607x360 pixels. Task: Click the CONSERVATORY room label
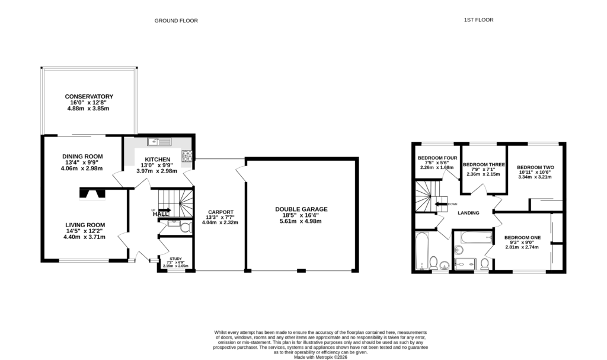(x=89, y=97)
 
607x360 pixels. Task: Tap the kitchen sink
(x=160, y=141)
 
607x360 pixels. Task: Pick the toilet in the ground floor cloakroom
(x=184, y=228)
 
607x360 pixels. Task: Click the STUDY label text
(x=175, y=259)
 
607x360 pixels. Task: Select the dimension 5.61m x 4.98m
(x=301, y=221)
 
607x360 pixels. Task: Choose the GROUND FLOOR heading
(x=176, y=21)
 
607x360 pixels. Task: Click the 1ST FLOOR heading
(x=478, y=20)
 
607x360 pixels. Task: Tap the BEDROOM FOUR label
(x=437, y=158)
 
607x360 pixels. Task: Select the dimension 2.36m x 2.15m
(x=483, y=174)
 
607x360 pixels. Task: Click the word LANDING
(x=468, y=212)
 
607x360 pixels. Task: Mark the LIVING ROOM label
(x=85, y=225)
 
